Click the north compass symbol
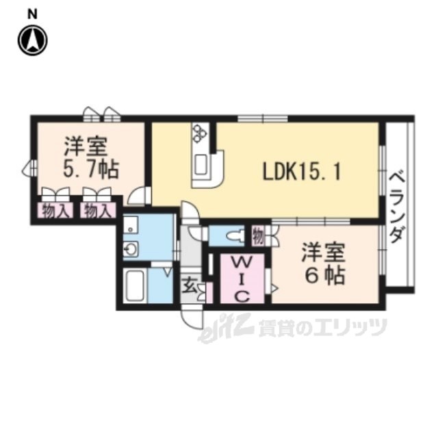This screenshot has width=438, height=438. point(32,41)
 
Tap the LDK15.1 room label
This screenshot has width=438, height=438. point(302,172)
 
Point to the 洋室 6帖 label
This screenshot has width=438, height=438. point(324,264)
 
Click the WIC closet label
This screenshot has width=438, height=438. point(242,279)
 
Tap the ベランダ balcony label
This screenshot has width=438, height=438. point(398,207)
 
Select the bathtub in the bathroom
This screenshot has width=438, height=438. point(135,285)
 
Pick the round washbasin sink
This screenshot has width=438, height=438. point(131,248)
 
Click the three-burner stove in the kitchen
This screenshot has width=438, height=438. point(201,133)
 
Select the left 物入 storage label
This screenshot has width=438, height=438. point(55,211)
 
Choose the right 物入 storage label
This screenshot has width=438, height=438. point(98,211)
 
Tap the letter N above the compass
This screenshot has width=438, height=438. point(32,14)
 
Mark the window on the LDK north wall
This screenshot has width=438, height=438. point(262,118)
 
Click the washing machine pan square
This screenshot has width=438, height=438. point(130,224)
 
